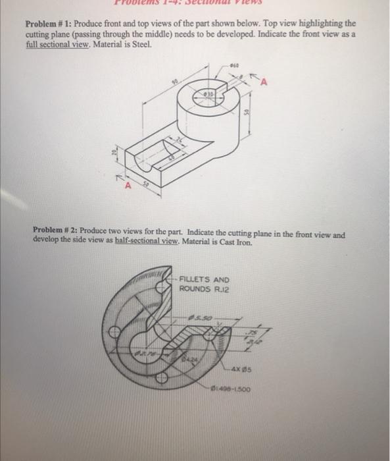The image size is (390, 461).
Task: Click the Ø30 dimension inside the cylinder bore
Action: (208, 94)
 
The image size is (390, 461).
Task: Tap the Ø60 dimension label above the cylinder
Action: (234, 65)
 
